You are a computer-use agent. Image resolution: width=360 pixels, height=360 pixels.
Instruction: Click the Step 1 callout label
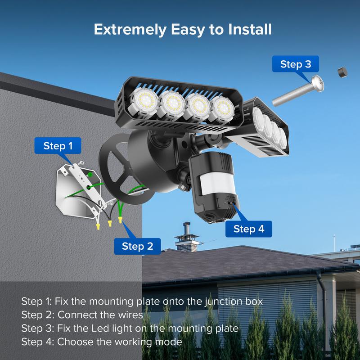[58, 145]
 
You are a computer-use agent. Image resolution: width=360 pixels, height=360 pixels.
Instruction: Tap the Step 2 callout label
[137, 246]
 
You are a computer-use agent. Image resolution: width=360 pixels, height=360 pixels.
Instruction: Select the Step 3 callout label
[296, 64]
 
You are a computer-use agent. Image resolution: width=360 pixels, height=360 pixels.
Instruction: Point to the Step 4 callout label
[249, 229]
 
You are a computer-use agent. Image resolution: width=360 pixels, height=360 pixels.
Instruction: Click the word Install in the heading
[250, 29]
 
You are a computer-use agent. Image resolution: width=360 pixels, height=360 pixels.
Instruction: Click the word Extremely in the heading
[130, 30]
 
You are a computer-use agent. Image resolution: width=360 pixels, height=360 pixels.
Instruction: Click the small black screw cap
[342, 72]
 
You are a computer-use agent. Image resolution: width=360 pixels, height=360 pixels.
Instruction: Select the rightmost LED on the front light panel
[222, 109]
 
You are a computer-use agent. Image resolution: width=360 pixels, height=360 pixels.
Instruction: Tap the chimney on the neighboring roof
[187, 238]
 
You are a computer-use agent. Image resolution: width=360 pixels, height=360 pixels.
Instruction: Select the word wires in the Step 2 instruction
[130, 315]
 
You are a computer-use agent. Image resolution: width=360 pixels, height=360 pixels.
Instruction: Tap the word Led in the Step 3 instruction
[100, 328]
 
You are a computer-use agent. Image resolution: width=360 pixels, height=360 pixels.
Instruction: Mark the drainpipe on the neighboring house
[323, 308]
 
